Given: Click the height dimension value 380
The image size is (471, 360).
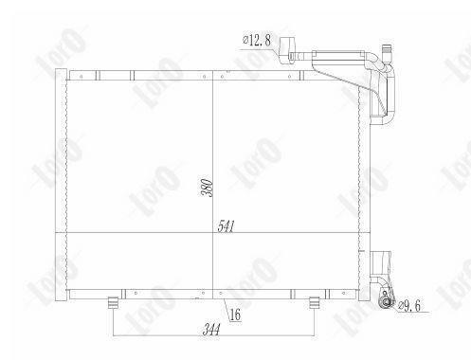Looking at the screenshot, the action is (x=207, y=188).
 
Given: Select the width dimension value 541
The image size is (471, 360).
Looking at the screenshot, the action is (x=226, y=226).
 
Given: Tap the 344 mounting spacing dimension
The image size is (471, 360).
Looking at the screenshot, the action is (x=211, y=330).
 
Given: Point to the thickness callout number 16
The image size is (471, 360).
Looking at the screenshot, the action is (x=235, y=315).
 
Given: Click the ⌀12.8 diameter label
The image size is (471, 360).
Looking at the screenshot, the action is (x=257, y=40).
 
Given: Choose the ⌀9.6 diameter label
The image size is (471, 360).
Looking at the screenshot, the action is (x=409, y=306).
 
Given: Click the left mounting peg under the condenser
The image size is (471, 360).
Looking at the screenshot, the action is (x=114, y=303).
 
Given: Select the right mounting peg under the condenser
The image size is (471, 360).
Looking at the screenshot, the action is (x=314, y=303).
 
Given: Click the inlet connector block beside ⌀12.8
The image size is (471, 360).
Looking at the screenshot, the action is (x=287, y=50).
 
